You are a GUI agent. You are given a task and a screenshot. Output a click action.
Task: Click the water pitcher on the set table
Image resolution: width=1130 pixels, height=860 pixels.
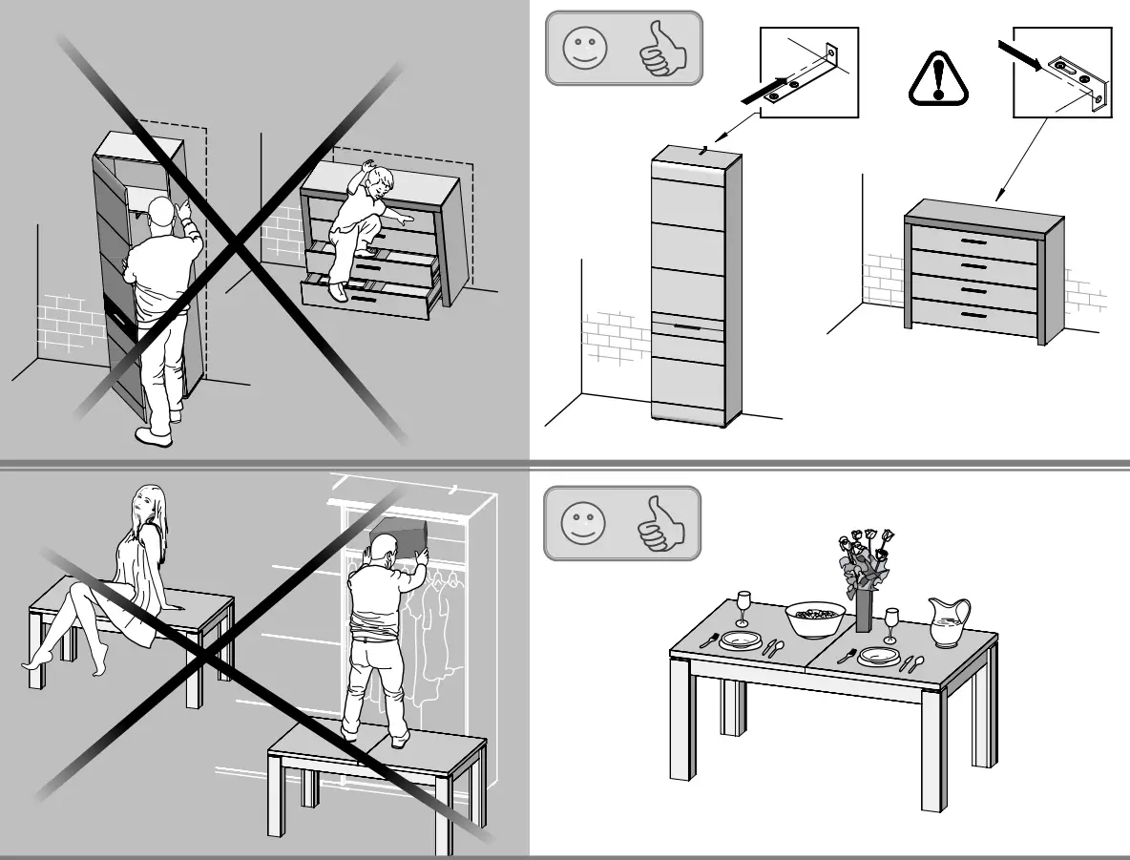[948, 622]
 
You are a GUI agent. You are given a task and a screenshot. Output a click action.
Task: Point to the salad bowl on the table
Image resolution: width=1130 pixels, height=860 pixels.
[815, 619]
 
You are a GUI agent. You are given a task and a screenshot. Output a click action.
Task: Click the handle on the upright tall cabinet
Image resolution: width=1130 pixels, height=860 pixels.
[693, 326]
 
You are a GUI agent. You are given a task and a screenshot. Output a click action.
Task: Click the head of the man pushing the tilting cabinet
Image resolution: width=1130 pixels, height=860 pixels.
[160, 215]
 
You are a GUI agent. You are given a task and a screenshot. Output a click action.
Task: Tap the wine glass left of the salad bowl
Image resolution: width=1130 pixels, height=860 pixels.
[743, 608]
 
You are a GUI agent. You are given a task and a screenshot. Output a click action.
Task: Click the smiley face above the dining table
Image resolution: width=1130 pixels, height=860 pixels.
[583, 524]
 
